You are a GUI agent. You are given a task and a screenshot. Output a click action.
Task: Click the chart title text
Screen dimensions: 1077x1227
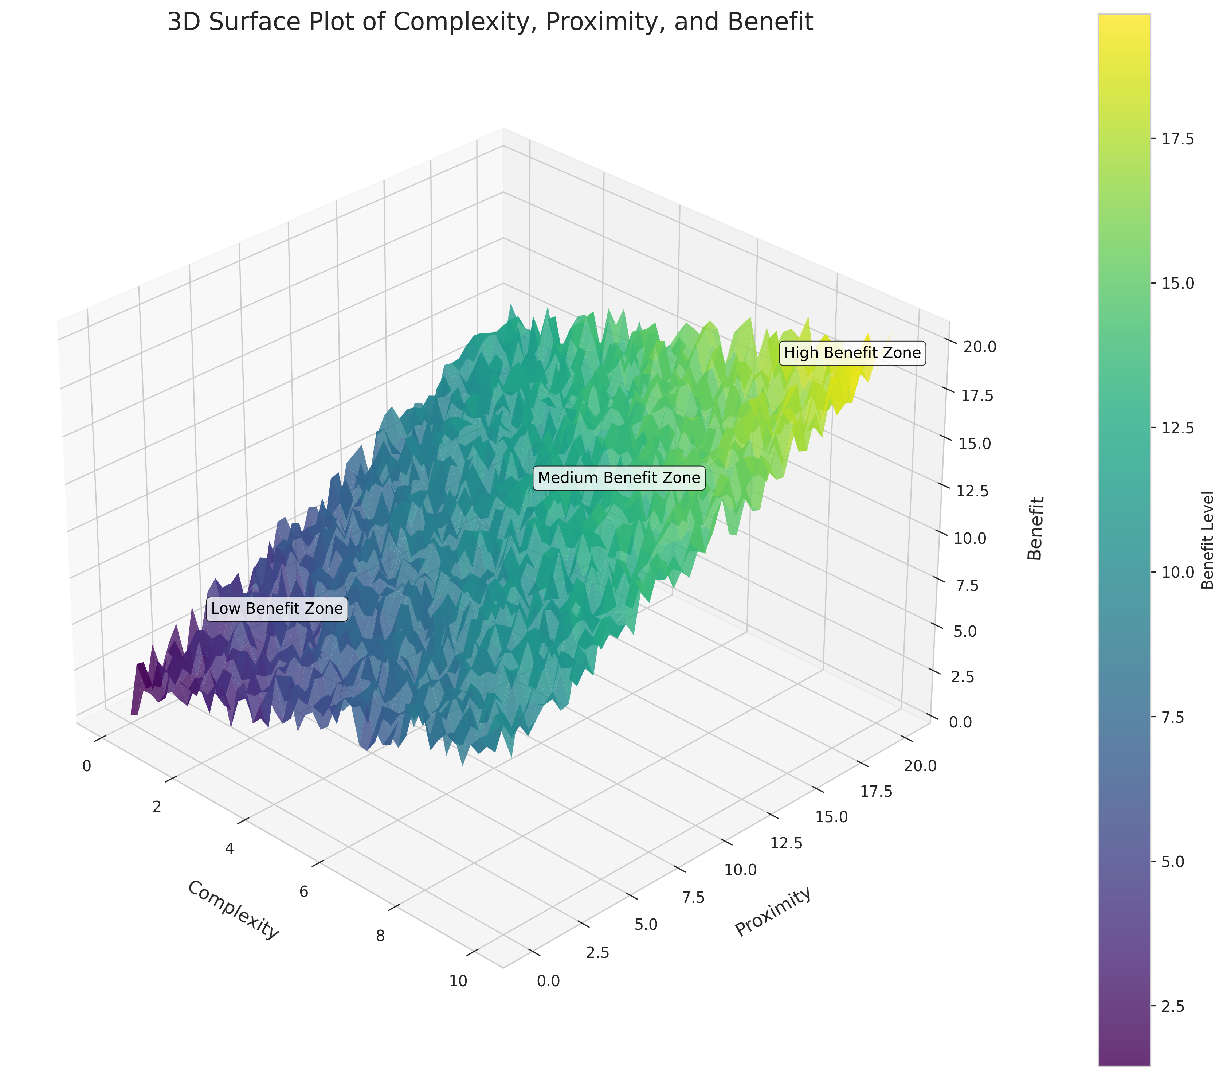(490, 22)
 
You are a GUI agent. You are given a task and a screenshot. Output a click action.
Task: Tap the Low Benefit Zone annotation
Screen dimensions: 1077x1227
(277, 609)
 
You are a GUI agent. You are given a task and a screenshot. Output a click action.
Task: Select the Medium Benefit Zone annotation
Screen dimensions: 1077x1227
(619, 477)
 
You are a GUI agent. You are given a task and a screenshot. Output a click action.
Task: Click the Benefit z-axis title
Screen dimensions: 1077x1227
(1035, 528)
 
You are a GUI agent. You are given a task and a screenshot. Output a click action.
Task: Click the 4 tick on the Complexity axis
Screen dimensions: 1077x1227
(230, 848)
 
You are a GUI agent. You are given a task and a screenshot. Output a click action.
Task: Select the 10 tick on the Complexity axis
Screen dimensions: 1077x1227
(458, 981)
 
